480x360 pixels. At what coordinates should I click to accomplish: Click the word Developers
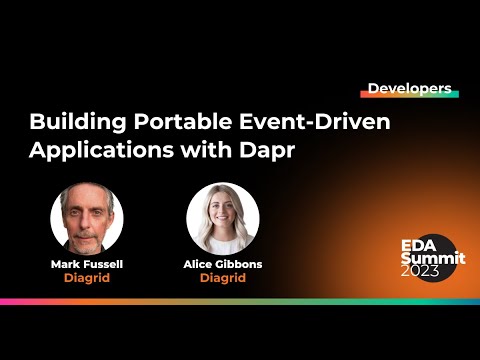point(409,88)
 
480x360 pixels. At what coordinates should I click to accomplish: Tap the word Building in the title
point(70,124)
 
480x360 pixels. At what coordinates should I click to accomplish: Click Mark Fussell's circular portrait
point(87,217)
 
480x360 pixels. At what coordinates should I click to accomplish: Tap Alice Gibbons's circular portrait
point(223,217)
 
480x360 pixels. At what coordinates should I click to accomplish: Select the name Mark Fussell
point(87,264)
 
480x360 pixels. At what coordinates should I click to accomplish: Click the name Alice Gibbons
point(223,264)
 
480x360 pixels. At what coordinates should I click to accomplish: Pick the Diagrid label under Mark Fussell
point(87,278)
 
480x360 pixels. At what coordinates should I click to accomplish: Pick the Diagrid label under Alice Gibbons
point(223,278)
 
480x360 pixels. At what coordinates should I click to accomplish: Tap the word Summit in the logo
point(427,258)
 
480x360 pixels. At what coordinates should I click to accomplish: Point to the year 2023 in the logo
point(419,271)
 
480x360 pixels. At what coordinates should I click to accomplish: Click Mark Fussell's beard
point(87,238)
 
